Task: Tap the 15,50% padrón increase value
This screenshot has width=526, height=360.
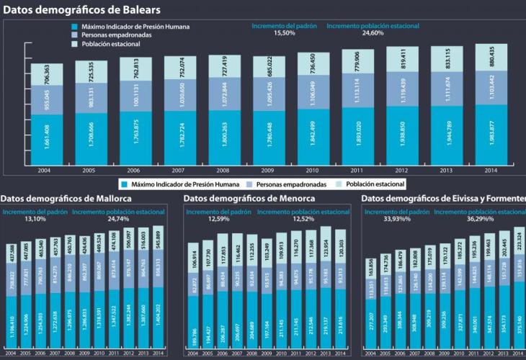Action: [x=285, y=33]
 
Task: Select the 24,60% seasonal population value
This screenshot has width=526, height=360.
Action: [x=373, y=33]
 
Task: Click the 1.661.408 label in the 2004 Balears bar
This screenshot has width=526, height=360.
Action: [x=46, y=137]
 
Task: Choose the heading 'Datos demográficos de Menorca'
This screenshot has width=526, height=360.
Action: [x=249, y=199]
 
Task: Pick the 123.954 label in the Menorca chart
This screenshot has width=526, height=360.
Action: [x=325, y=245]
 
